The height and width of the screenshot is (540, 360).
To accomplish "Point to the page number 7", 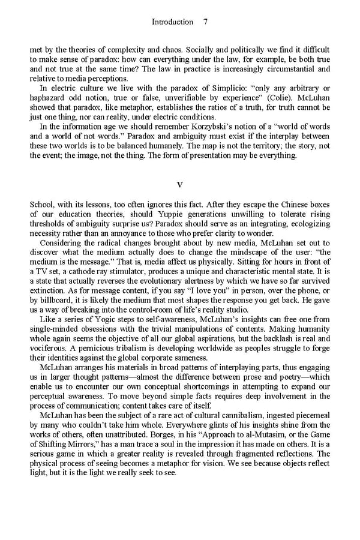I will tap(205, 22).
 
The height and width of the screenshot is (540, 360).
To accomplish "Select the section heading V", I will tap(179, 184).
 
